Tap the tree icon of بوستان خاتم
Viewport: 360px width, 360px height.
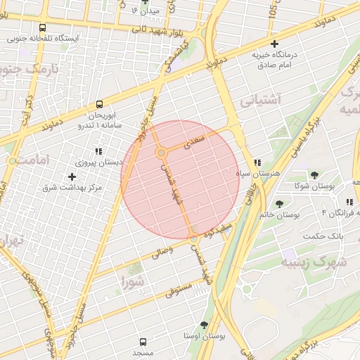point(280,204)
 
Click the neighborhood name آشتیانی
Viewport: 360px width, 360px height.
point(261,101)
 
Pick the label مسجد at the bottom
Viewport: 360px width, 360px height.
point(143,351)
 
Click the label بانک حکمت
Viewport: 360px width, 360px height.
point(324,235)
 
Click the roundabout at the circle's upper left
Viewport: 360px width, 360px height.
point(161,152)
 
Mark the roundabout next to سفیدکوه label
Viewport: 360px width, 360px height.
point(194,240)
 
